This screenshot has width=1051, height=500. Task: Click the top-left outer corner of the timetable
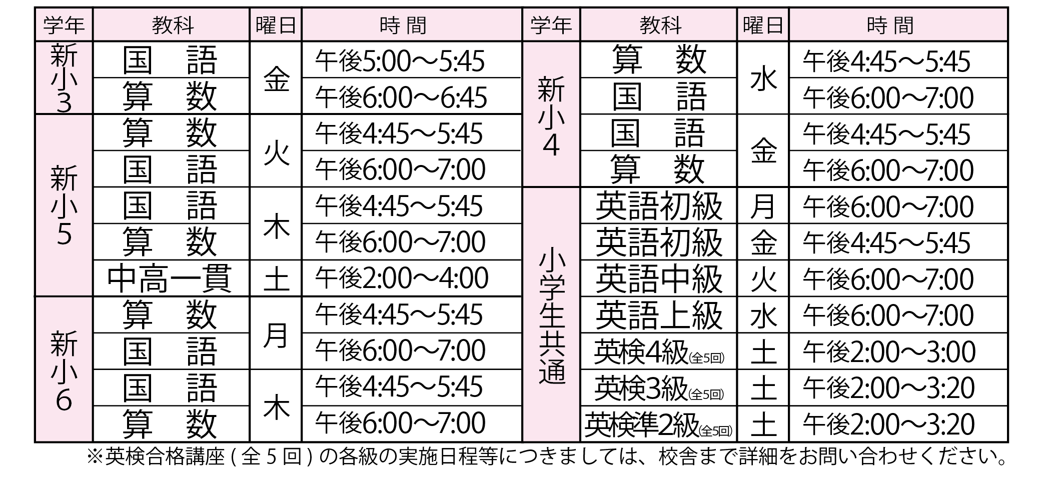pos(35,7)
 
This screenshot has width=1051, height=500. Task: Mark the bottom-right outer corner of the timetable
pos(1008,442)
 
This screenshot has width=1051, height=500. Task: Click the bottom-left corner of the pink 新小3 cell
pos(36,113)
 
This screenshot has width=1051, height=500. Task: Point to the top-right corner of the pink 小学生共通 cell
pos(579,188)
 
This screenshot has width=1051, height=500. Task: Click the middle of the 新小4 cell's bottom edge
pos(551,187)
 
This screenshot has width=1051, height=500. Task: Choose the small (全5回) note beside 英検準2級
pos(716,430)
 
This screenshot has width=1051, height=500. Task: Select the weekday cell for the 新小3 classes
pos(276,77)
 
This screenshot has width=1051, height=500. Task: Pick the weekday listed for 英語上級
pos(763,315)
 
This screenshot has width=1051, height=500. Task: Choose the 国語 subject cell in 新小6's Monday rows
pos(171,351)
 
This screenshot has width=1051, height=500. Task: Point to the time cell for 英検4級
pos(898,351)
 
